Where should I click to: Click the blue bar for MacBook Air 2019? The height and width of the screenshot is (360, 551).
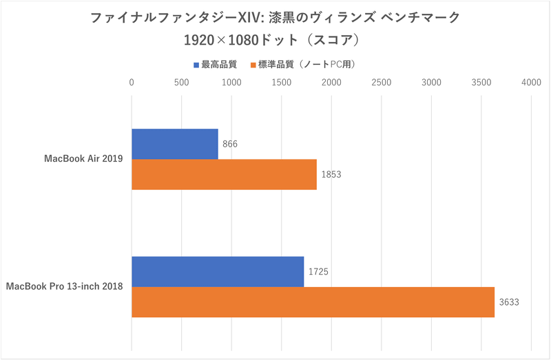[x=175, y=144]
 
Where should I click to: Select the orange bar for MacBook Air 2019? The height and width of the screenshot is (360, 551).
[x=224, y=174]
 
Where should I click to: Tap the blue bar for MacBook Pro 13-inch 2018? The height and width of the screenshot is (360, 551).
[x=218, y=271]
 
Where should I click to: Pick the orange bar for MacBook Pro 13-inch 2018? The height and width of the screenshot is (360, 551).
[x=313, y=302]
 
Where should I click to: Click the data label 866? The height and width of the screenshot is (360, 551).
[x=231, y=145]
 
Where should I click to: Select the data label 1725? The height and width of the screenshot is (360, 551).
[x=318, y=272]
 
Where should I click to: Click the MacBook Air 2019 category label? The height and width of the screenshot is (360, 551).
[x=83, y=159]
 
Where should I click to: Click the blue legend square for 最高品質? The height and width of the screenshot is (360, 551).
[x=196, y=65]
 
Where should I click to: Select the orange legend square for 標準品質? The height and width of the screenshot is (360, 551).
[x=253, y=65]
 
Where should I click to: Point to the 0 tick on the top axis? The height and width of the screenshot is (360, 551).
[x=132, y=82]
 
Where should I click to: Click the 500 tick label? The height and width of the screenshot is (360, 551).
[x=181, y=82]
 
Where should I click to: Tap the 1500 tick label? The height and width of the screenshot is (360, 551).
[x=281, y=82]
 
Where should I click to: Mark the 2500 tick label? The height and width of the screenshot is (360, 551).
[x=381, y=82]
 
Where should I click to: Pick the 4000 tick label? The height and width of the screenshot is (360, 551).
[x=531, y=82]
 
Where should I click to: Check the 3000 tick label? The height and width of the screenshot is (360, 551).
[x=431, y=82]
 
